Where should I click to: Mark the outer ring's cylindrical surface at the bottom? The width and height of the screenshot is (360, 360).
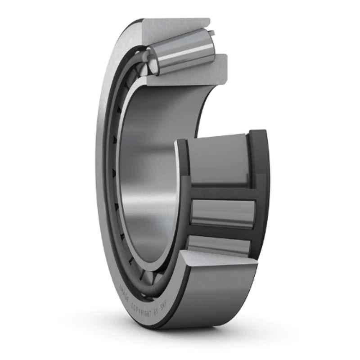(x=216, y=292)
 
